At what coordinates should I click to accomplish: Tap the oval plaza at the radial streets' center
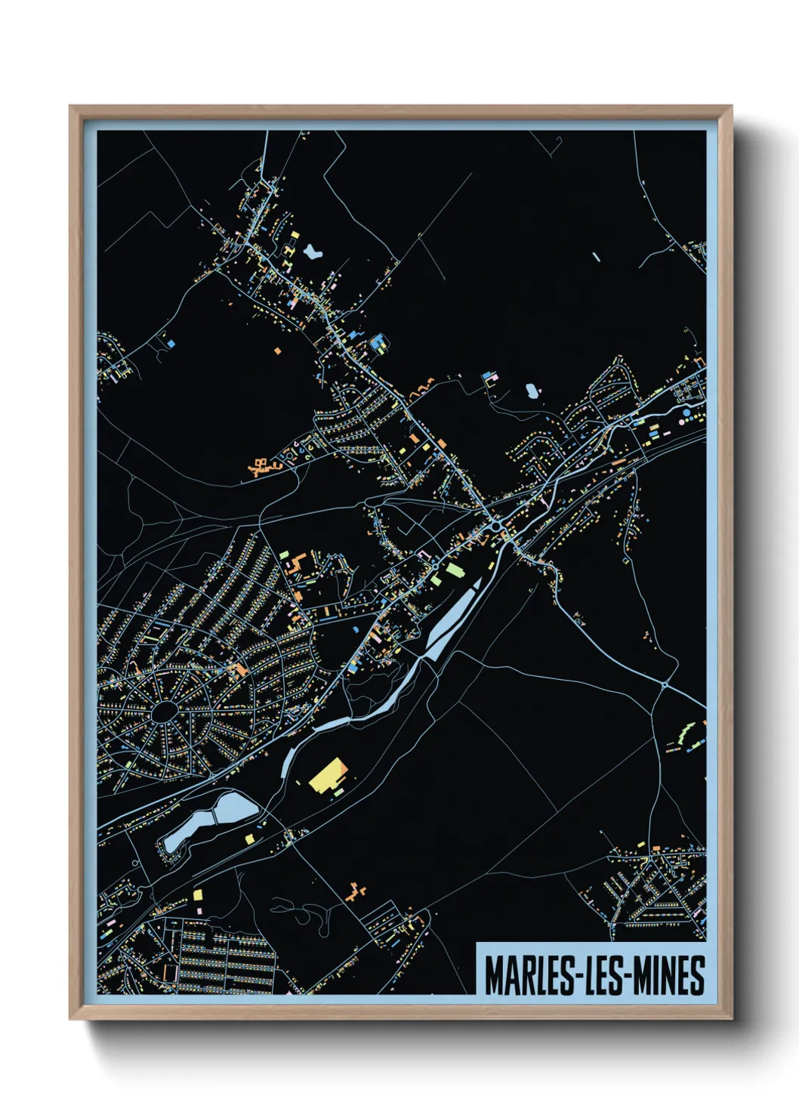(163, 711)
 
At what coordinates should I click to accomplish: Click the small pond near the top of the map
(312, 251)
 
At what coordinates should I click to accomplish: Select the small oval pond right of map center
(532, 391)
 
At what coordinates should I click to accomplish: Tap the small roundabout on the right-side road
(664, 684)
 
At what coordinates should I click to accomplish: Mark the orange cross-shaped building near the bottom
(356, 893)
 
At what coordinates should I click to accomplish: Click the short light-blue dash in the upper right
(596, 257)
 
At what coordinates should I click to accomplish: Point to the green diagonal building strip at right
(686, 731)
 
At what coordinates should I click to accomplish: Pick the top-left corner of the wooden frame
(70, 107)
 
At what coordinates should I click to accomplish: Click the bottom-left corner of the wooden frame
(70, 1018)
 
